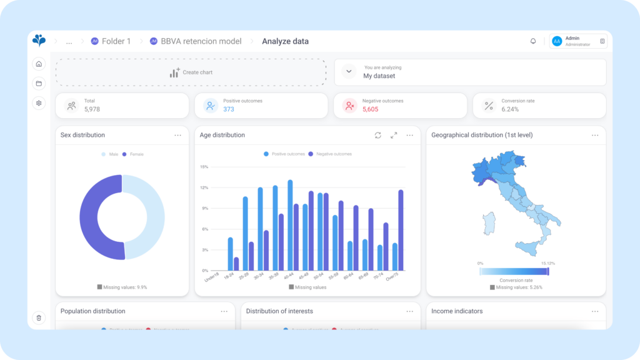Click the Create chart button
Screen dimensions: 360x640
tap(191, 72)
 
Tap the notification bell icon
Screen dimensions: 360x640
tap(533, 41)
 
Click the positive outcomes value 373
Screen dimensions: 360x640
tap(229, 109)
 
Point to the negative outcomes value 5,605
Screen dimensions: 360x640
tap(370, 109)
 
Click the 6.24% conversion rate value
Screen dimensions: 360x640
tap(510, 109)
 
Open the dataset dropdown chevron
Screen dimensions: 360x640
tap(349, 72)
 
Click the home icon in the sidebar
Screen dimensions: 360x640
tap(39, 64)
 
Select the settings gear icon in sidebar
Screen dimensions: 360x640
tap(39, 103)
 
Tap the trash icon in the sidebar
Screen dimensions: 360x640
tap(39, 317)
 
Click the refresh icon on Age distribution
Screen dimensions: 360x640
tap(377, 135)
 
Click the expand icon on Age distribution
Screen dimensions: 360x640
tap(394, 135)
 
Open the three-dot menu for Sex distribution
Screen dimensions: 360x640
tap(178, 135)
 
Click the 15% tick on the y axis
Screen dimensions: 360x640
tap(204, 167)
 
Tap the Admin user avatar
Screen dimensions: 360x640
tap(556, 41)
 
